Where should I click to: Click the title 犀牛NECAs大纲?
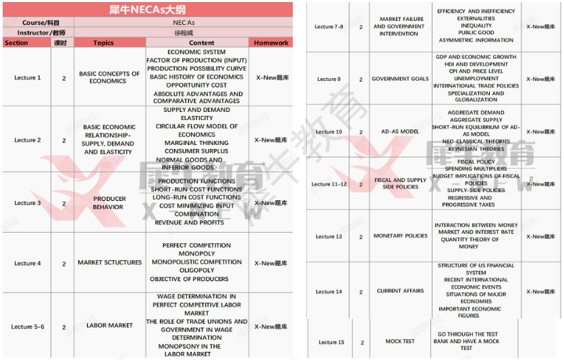(147, 10)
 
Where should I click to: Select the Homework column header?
(271, 42)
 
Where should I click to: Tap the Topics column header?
(103, 42)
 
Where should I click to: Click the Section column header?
(16, 42)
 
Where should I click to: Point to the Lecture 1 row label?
(28, 78)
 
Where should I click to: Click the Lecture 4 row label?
(28, 264)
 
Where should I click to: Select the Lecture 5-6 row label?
(28, 327)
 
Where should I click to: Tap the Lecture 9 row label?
(329, 80)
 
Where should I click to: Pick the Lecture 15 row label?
(331, 342)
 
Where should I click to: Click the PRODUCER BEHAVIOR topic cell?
(109, 203)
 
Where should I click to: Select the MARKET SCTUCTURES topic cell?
(110, 263)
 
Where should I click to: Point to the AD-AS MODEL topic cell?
(400, 131)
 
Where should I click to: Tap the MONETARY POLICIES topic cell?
(401, 236)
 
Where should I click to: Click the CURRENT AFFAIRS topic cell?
(401, 291)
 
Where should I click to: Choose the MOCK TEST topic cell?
(400, 342)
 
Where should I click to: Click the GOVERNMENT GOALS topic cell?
(400, 79)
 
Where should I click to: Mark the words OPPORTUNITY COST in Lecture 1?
(196, 86)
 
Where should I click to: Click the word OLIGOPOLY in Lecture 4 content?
(197, 270)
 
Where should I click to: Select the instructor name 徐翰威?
(184, 32)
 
